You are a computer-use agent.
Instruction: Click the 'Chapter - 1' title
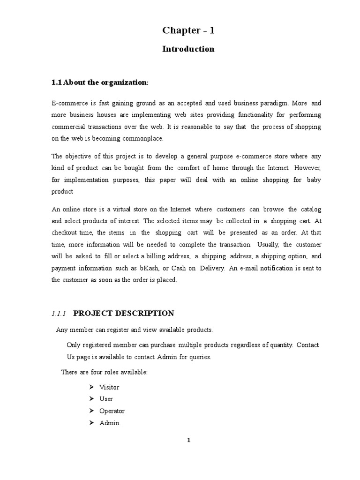tap(188, 31)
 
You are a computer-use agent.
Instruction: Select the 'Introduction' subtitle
tap(188, 49)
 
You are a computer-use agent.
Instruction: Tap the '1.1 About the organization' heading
tap(99, 82)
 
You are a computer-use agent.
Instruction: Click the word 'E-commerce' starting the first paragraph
tap(68, 103)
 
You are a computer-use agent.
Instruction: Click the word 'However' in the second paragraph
tap(308, 168)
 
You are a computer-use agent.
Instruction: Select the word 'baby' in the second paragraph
tap(314, 180)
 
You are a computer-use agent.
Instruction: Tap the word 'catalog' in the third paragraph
tap(310, 209)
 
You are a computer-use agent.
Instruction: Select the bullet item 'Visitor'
tap(109, 387)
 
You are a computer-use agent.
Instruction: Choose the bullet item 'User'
tap(106, 399)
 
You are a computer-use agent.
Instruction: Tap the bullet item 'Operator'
tap(112, 411)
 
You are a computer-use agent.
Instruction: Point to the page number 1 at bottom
tap(188, 440)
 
